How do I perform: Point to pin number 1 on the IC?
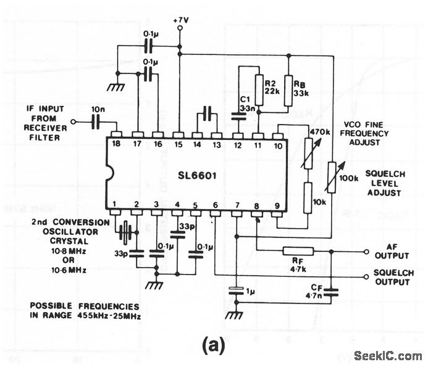coord(115,204)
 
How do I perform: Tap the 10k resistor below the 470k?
coord(307,198)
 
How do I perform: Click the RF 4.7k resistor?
coord(298,250)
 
